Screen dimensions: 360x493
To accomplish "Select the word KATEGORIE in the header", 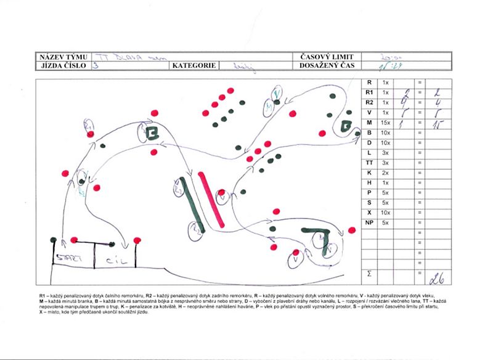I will pos(194,64).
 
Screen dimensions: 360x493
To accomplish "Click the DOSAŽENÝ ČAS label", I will pos(327,64).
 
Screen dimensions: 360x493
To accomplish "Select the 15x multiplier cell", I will pos(386,123).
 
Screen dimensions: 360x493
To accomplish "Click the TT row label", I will pos(369,163).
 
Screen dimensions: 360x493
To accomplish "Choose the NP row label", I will pos(369,222).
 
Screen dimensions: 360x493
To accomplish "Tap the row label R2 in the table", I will pos(369,102).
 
